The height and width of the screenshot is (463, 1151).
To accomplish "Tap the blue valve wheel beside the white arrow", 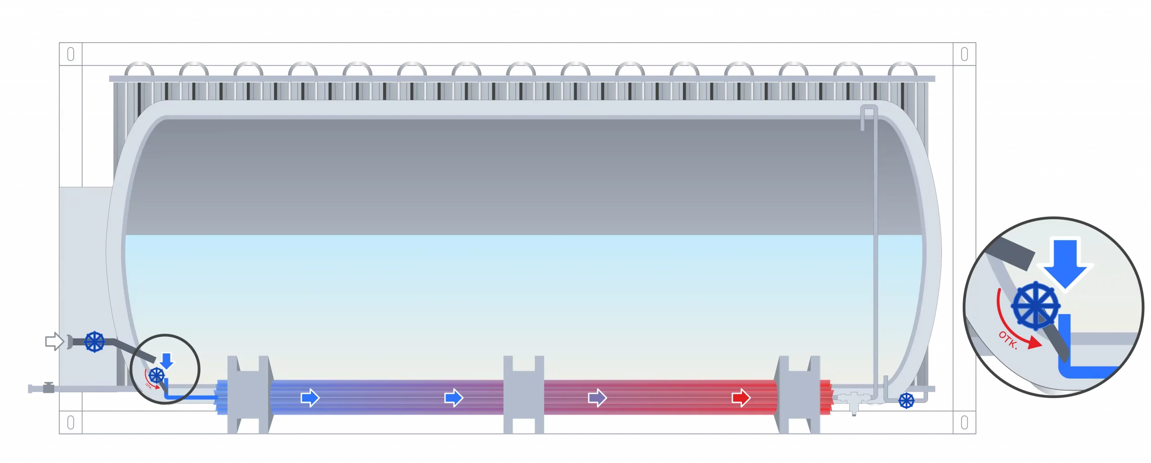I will (x=94, y=342).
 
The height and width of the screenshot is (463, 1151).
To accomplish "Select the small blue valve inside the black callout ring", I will (x=156, y=375).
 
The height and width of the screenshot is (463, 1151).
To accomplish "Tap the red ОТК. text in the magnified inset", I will (x=1008, y=340).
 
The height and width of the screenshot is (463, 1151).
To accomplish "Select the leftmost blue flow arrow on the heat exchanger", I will (x=310, y=397).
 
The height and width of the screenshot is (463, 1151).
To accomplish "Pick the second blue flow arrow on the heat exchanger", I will (x=454, y=397).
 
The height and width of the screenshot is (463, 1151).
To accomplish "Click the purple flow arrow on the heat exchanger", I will (x=598, y=397).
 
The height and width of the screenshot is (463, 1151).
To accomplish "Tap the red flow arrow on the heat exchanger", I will (x=741, y=397).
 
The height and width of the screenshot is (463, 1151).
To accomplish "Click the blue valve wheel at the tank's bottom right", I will (x=906, y=401).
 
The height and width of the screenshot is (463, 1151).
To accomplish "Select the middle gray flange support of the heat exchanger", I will (x=523, y=395).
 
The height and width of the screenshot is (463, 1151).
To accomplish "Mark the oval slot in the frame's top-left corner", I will (x=71, y=54).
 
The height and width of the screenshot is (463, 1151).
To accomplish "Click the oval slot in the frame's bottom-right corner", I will (x=964, y=423).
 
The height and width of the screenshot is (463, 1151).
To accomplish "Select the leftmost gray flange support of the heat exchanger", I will (x=248, y=395).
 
